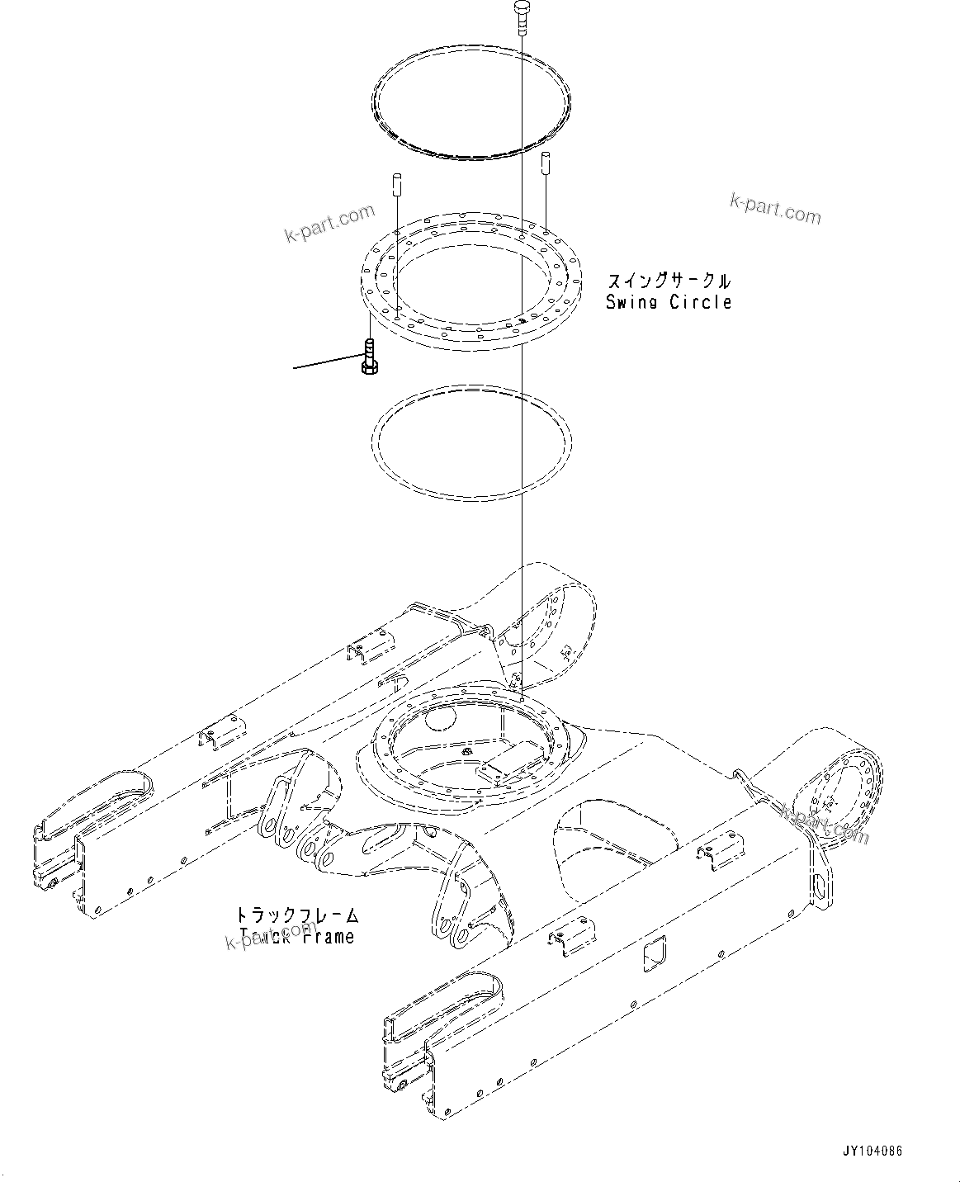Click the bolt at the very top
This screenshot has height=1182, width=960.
(x=523, y=14)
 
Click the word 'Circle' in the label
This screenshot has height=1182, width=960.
(x=701, y=302)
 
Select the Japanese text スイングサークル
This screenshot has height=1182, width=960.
(x=669, y=281)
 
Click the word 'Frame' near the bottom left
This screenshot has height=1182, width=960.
(x=327, y=936)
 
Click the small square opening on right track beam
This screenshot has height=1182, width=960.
(x=656, y=953)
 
